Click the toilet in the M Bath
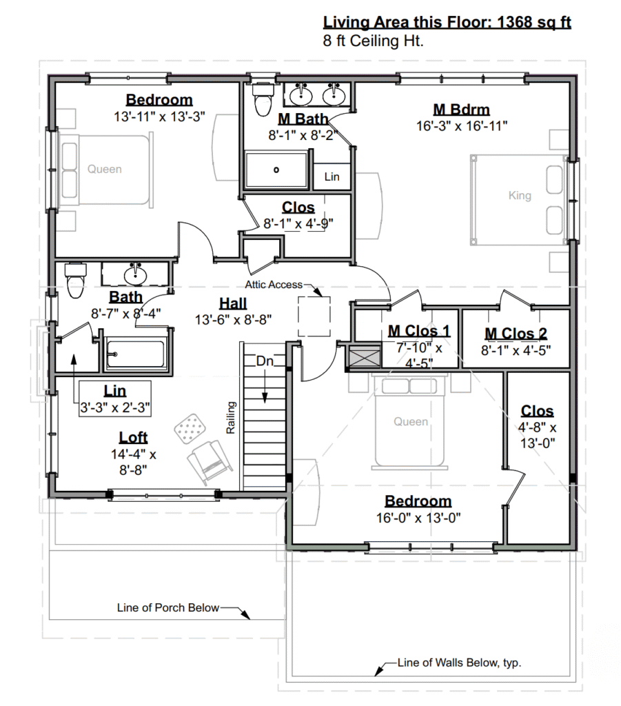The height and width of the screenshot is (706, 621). click(263, 99)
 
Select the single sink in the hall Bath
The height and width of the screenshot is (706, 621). click(135, 274)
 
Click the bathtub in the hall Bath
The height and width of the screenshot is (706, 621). click(136, 354)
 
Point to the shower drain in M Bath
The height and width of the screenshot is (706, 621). click(276, 170)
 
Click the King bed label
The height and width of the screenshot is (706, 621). click(520, 195)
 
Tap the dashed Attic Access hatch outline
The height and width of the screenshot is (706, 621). click(314, 316)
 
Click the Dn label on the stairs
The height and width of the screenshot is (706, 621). click(265, 361)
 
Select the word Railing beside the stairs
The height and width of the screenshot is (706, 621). click(230, 418)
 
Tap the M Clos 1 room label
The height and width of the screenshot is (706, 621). click(419, 331)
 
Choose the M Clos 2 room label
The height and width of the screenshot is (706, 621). click(516, 334)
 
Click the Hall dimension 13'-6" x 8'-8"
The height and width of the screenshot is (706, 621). click(233, 320)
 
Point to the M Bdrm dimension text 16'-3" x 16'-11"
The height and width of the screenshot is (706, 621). click(462, 125)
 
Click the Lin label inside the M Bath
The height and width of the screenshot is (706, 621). click(332, 176)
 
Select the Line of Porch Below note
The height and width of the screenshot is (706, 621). click(168, 608)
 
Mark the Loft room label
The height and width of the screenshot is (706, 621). click(133, 437)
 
